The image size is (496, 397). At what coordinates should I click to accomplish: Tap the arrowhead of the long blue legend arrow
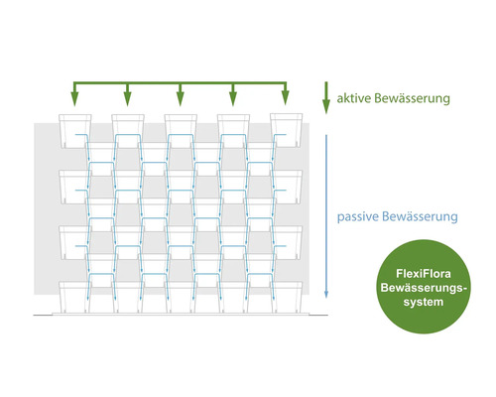[x=326, y=295]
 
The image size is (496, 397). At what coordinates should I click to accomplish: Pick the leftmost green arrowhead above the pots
[x=74, y=98]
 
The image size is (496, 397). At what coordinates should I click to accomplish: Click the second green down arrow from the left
[x=127, y=98]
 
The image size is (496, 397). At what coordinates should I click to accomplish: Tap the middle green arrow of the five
[x=180, y=98]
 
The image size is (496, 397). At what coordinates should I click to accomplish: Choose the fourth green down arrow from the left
[x=232, y=98]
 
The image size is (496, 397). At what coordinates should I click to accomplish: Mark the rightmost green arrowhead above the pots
[x=285, y=98]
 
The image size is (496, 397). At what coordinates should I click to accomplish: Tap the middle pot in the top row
[x=180, y=129]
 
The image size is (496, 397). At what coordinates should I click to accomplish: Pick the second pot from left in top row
[x=127, y=129]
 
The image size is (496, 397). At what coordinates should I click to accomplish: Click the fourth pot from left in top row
[x=232, y=129]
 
